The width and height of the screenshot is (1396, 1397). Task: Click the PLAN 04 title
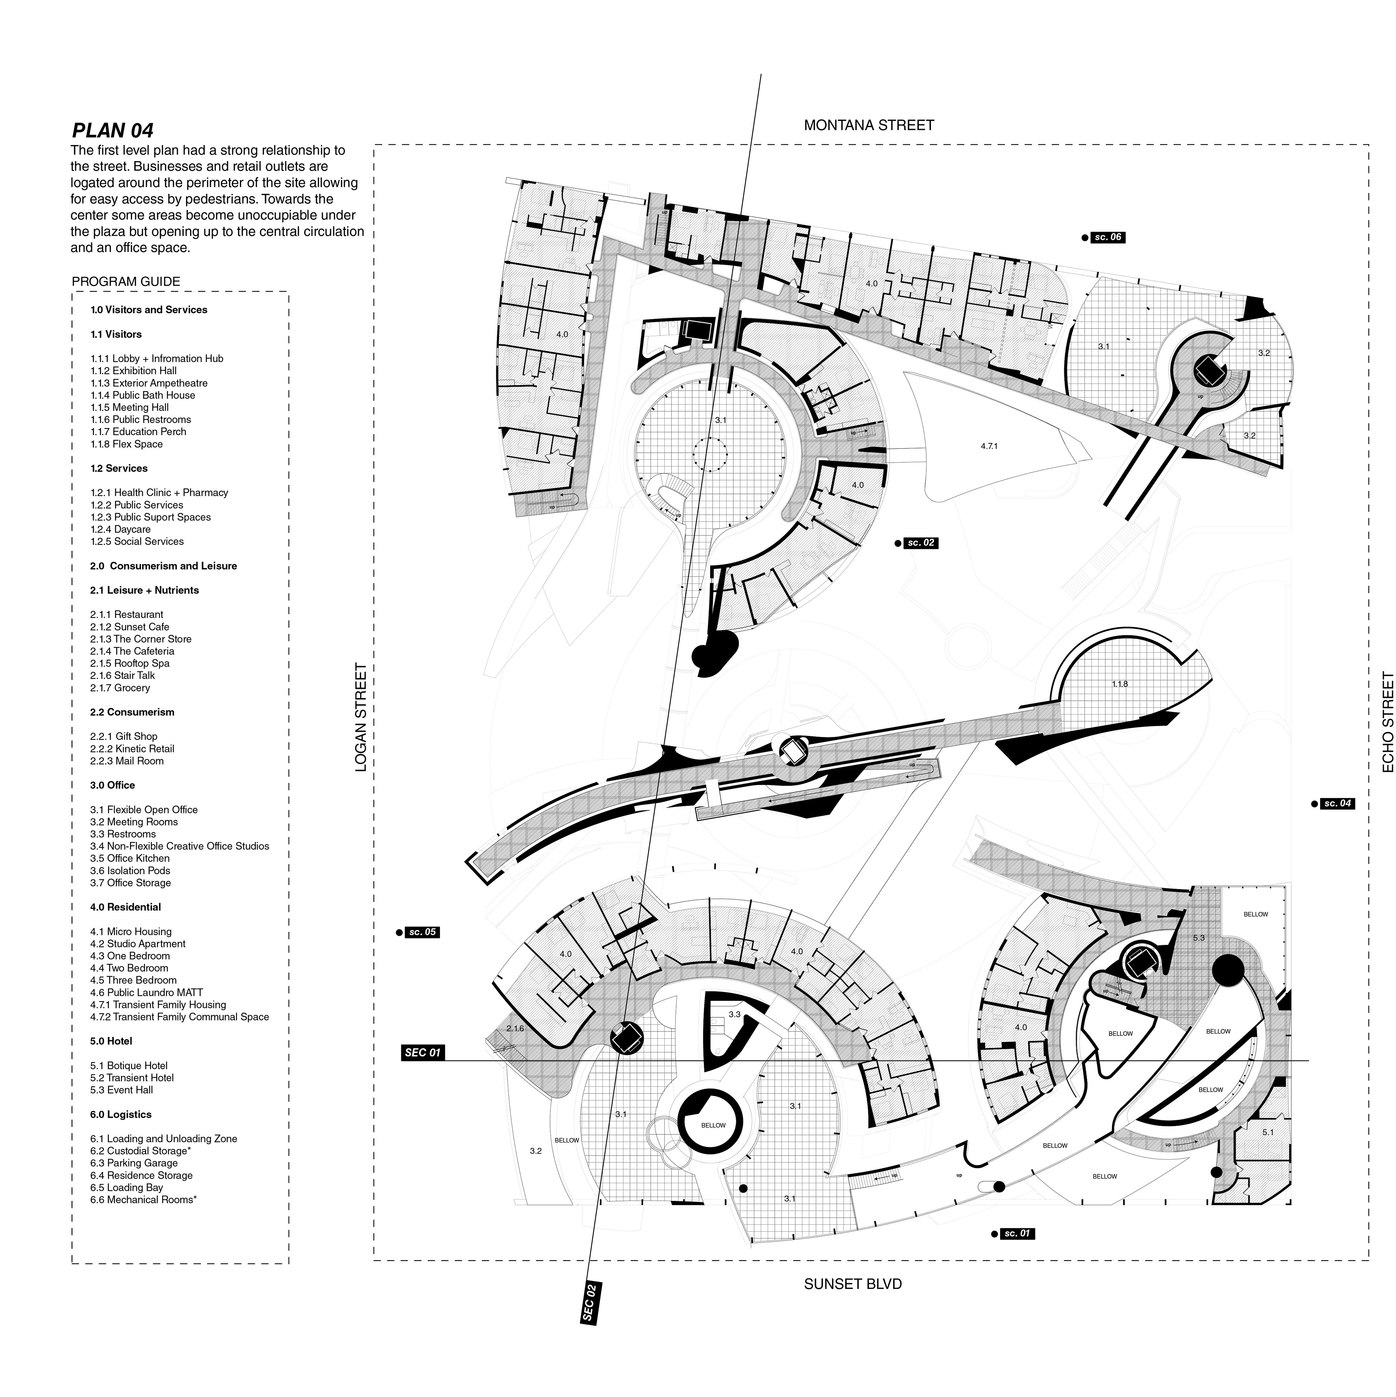[x=113, y=131]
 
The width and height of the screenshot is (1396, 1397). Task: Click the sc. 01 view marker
[x=1016, y=1234]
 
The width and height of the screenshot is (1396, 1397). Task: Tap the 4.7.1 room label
[x=989, y=446]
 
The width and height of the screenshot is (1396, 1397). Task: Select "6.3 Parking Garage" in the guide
[x=134, y=1163]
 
